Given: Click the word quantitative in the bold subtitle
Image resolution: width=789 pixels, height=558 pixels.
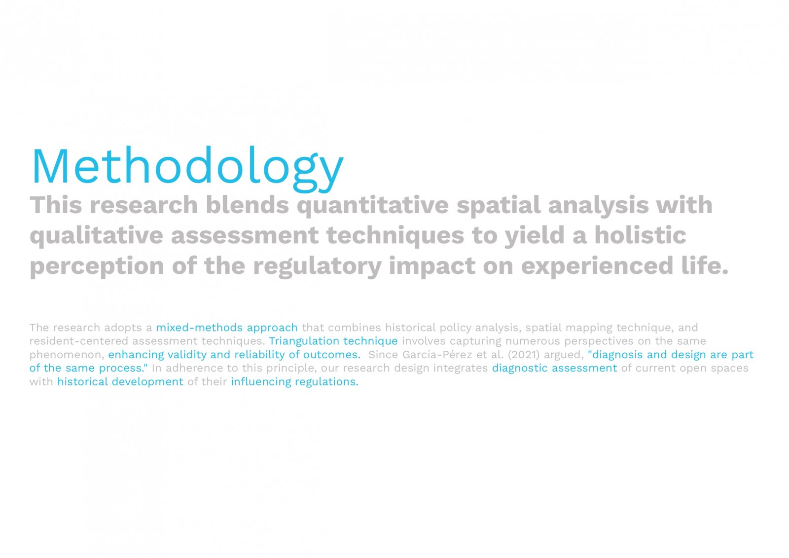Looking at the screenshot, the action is (x=373, y=206).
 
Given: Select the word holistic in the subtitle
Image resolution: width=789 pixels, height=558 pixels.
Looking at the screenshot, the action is (x=641, y=235).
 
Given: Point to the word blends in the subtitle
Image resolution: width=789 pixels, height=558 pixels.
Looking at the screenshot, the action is (x=247, y=205).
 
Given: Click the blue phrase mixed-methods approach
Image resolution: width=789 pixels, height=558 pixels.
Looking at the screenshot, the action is (x=227, y=328).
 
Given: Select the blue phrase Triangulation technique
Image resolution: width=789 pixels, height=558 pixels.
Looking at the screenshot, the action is (x=333, y=341).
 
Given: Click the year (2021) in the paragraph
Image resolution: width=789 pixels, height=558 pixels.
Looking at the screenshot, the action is (x=524, y=355).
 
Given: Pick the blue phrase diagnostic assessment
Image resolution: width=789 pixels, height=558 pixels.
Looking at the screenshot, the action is (x=554, y=368).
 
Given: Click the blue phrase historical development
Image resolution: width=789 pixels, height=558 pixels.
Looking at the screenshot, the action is (x=120, y=382).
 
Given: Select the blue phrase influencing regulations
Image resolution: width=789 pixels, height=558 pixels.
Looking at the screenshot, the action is (x=294, y=382).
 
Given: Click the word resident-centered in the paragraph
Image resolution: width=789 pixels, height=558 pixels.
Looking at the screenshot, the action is (x=79, y=341).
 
